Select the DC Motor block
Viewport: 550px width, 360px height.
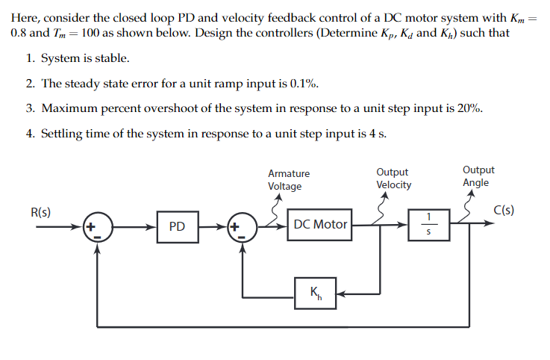pyautogui.click(x=320, y=225)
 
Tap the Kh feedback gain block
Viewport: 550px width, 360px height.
pyautogui.click(x=314, y=294)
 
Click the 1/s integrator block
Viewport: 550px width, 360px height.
pyautogui.click(x=428, y=225)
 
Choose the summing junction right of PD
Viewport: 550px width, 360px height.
pyautogui.click(x=242, y=226)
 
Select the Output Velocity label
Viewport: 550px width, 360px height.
pyautogui.click(x=393, y=179)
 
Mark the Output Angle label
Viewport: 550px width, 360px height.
pyautogui.click(x=478, y=176)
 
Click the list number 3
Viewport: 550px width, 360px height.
pyautogui.click(x=28, y=108)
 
